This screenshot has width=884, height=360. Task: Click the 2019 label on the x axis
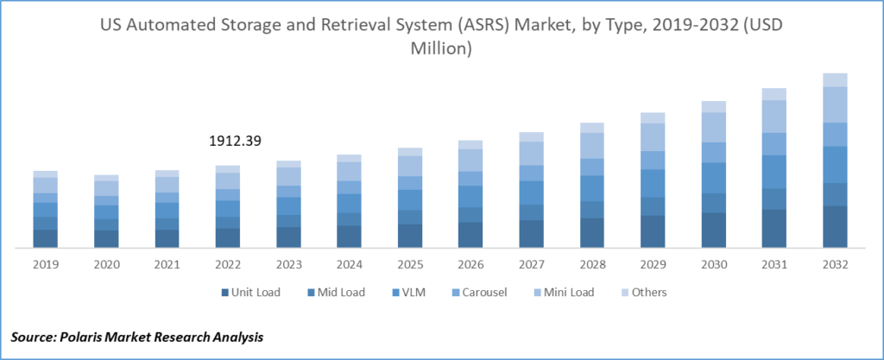coord(46,266)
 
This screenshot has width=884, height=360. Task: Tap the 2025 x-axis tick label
coord(410,266)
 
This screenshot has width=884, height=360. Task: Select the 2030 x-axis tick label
coord(714,266)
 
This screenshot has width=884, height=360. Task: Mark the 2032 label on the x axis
coord(835,266)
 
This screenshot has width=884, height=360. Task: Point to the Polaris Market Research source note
coord(138,335)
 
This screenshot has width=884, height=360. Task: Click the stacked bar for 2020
coord(106,212)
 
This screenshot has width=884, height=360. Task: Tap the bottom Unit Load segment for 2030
coord(714,231)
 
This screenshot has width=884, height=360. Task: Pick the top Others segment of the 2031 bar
coord(774,94)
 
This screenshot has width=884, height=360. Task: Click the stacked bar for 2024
coord(349,201)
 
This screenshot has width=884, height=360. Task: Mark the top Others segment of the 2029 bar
coord(653,117)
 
